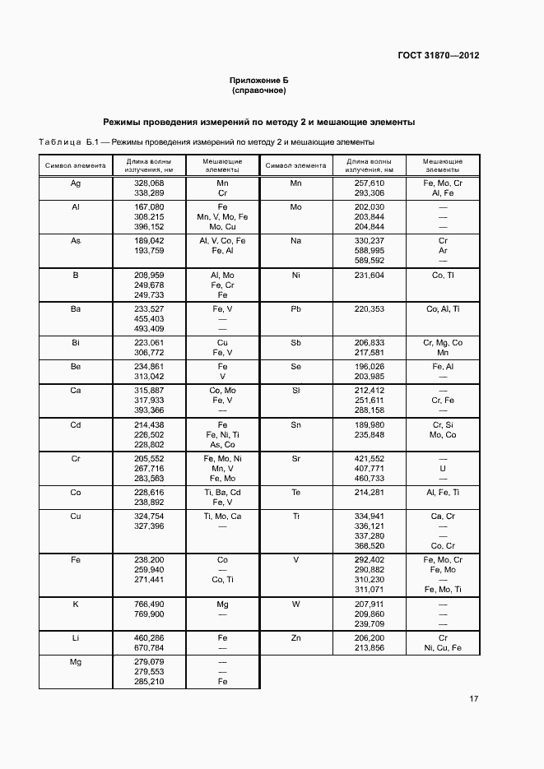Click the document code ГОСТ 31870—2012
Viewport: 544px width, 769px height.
(x=439, y=56)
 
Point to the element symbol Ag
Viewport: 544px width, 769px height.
(x=75, y=183)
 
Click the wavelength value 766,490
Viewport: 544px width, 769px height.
(x=149, y=604)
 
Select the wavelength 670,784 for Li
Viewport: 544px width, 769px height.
(x=149, y=647)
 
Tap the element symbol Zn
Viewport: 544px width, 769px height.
(x=296, y=637)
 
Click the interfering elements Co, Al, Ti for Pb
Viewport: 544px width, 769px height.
(x=443, y=309)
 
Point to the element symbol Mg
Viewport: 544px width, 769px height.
(x=75, y=661)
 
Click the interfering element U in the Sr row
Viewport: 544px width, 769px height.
(x=443, y=467)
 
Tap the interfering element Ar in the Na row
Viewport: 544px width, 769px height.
(x=443, y=250)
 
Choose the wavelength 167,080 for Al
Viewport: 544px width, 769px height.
(x=149, y=206)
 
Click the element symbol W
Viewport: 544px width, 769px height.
(x=296, y=604)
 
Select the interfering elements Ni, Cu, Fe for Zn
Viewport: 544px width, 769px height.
(x=443, y=647)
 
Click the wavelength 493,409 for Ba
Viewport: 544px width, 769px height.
(x=149, y=328)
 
